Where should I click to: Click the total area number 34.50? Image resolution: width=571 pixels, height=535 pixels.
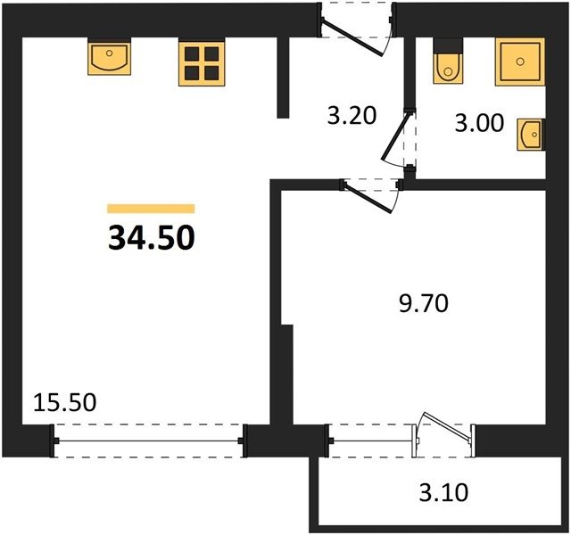pos(152,237)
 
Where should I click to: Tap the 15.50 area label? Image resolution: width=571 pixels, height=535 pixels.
pos(65,402)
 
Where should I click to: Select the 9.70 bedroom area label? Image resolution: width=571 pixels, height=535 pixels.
pos(424,304)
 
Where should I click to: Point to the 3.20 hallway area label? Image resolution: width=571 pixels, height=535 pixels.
pos(352,117)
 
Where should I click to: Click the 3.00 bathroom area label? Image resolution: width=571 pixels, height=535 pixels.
pos(480,123)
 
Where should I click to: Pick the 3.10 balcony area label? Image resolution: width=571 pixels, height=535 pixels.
pos(443,493)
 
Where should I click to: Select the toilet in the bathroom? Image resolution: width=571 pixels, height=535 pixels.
pos(448,69)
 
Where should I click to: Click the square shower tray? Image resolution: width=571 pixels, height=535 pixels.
pos(520,62)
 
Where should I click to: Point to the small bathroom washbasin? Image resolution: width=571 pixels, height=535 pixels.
pos(531,135)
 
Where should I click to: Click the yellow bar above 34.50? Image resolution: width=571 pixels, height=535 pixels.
pos(151,209)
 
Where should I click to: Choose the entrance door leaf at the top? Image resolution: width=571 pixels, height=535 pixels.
pos(352,37)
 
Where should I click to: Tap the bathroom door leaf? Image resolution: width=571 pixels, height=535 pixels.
pos(394,136)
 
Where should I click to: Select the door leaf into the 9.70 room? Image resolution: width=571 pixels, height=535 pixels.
pos(368,197)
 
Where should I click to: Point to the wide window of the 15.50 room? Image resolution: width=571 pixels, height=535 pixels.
pos(149,440)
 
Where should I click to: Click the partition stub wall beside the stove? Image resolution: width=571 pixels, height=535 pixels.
pos(283,78)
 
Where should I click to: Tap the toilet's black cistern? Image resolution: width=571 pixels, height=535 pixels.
pos(448,46)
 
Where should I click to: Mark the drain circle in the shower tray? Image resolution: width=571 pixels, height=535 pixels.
pos(520,62)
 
